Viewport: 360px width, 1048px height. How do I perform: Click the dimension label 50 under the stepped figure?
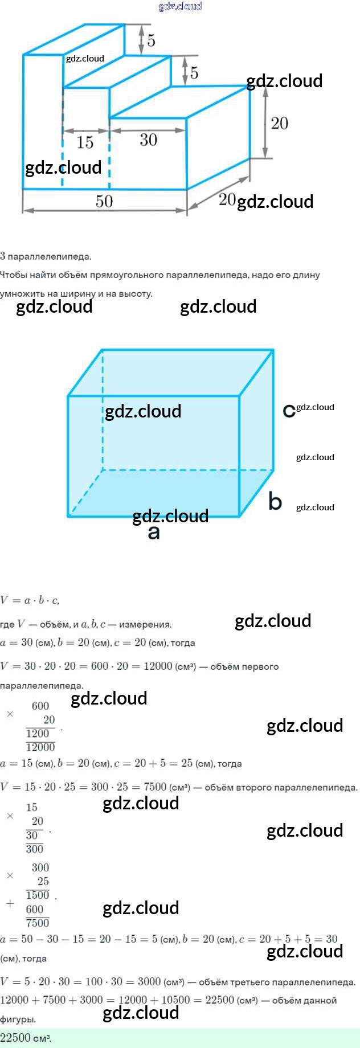[x=104, y=201]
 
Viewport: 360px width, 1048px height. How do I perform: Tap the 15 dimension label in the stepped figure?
[x=85, y=142]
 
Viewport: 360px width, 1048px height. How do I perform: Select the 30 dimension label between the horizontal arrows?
[x=148, y=140]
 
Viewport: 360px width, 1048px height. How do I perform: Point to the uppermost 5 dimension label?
[x=151, y=40]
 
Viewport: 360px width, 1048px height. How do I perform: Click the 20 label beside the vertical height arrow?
[x=279, y=124]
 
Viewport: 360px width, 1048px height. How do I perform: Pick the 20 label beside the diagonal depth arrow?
[x=227, y=199]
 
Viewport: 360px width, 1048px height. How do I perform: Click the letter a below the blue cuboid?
[x=154, y=533]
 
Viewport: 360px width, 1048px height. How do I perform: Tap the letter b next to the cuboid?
[x=275, y=501]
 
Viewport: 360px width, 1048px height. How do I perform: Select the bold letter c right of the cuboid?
[x=289, y=410]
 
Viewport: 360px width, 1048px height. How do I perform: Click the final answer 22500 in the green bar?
[x=15, y=1038]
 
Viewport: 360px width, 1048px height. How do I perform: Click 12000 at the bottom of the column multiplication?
[x=40, y=747]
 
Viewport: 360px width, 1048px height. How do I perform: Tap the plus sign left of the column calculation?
[x=10, y=903]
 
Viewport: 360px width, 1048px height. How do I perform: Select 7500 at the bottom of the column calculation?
[x=38, y=923]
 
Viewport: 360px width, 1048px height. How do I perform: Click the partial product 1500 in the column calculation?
[x=38, y=895]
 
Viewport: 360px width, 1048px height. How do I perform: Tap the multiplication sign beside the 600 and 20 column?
[x=10, y=714]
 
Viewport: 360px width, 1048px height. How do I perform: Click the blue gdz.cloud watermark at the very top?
[x=180, y=6]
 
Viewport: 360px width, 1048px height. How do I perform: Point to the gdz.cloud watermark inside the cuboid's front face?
[x=143, y=411]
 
